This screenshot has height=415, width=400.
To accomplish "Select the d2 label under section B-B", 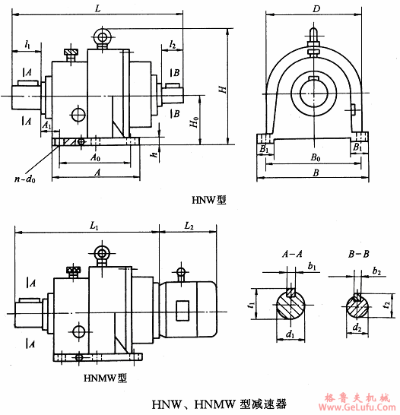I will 359,329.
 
